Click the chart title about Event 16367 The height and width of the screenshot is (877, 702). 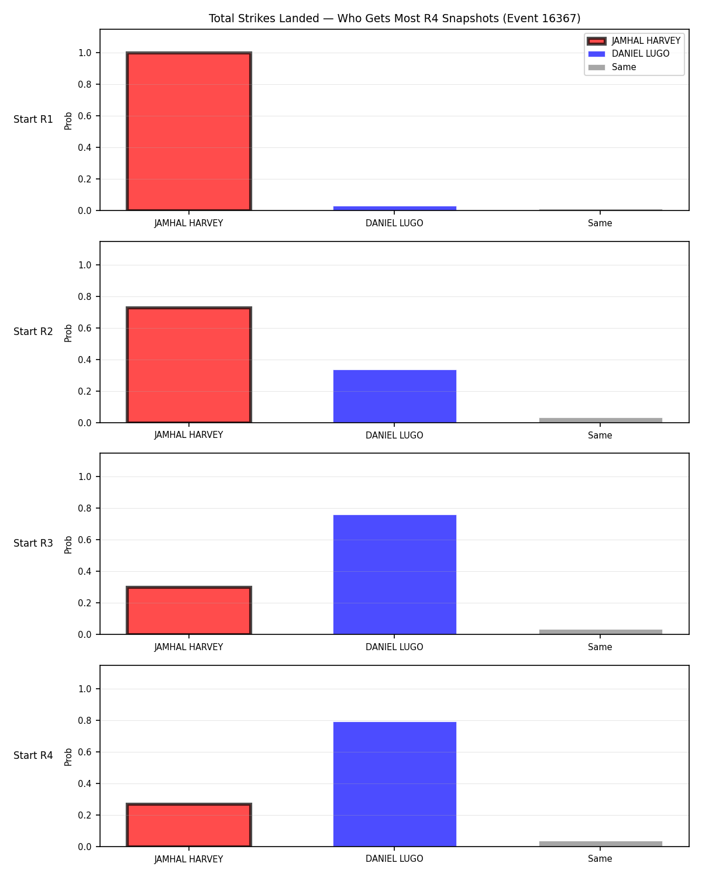(x=394, y=18)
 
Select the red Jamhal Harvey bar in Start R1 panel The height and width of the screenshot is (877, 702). (x=189, y=131)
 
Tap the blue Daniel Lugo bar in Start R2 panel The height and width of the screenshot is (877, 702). (x=394, y=396)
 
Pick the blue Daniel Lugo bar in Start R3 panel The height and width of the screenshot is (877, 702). (x=394, y=575)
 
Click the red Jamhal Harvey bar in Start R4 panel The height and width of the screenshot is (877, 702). (x=189, y=824)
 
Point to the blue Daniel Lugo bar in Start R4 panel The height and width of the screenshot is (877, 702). (x=394, y=784)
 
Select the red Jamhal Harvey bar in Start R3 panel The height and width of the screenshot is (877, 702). (x=189, y=610)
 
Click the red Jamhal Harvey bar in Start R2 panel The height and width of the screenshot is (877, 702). (x=189, y=365)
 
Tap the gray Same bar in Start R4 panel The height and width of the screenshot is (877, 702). (x=600, y=844)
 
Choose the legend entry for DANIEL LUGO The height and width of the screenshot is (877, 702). (x=628, y=54)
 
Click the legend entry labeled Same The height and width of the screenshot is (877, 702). (x=612, y=67)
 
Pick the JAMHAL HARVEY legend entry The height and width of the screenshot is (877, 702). (x=634, y=41)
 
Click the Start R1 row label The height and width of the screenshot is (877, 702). (x=33, y=119)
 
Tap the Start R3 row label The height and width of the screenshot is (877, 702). (x=33, y=543)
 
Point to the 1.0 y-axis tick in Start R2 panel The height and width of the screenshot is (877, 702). (x=85, y=265)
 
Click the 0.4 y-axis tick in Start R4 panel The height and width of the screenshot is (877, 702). (x=85, y=783)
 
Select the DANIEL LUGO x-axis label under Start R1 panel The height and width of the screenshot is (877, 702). (x=394, y=223)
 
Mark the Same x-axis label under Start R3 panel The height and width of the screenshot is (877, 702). (x=600, y=647)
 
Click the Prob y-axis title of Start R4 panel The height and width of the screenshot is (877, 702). (x=68, y=757)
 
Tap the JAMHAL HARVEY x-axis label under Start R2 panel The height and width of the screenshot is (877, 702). (x=189, y=435)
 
